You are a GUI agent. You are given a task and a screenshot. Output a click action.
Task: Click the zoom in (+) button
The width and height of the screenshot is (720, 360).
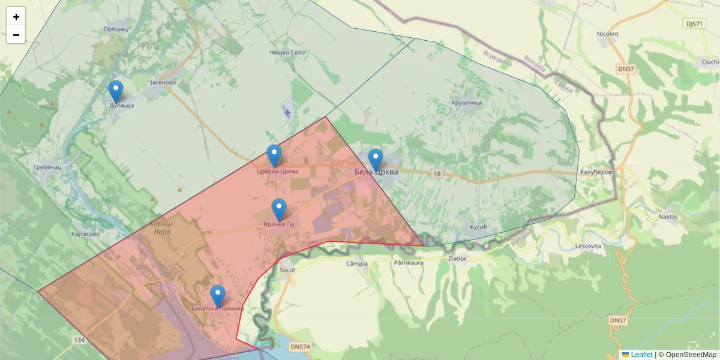tap(16, 17)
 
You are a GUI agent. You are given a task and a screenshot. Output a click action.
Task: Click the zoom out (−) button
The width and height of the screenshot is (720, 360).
tap(16, 35)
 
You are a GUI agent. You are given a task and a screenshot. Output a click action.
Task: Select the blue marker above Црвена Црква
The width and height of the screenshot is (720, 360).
tap(274, 156)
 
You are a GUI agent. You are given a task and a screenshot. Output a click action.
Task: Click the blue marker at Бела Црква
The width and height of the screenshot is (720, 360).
tap(376, 160)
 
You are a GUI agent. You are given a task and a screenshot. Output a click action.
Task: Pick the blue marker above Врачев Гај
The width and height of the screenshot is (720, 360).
tap(279, 210)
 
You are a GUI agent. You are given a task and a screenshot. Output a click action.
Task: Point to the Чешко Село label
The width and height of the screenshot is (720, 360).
tap(287, 53)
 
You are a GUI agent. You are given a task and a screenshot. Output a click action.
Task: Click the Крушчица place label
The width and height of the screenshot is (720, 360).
tap(467, 103)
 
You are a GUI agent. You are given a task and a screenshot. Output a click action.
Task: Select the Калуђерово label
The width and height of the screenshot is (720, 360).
tap(598, 173)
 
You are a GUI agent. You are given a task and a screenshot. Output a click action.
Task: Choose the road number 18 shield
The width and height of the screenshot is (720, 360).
tap(436, 173)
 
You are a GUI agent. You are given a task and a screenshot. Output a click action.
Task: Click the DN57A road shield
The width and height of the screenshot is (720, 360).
tap(300, 347)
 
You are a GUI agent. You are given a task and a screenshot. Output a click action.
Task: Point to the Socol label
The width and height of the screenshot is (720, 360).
tap(287, 270)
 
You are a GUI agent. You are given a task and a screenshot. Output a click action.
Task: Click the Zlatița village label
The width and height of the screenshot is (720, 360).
tap(457, 259)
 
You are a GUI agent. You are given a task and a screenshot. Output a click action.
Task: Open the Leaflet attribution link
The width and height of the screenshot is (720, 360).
tap(641, 355)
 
